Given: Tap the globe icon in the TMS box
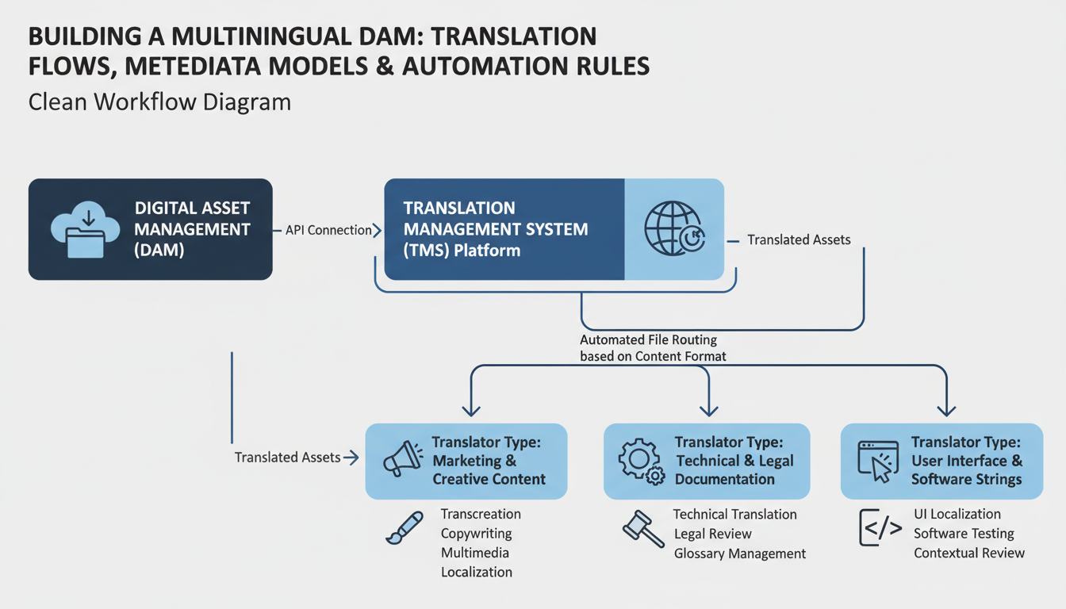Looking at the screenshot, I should click(673, 228).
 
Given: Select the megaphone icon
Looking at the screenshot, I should click(403, 461).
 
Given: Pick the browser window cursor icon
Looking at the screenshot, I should click(878, 461).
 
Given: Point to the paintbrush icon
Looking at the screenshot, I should click(405, 528).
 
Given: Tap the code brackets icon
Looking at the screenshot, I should click(880, 529).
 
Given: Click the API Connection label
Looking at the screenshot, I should click(328, 230).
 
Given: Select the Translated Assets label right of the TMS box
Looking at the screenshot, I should click(799, 239).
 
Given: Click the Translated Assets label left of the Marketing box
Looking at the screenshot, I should click(287, 458).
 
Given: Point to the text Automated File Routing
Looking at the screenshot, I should click(648, 340).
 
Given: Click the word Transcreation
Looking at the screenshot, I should click(481, 514).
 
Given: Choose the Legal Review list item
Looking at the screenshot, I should click(712, 534).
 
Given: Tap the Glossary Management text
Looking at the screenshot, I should click(739, 553).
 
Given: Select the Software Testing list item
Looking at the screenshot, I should click(964, 534).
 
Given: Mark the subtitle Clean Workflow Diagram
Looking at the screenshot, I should click(159, 102).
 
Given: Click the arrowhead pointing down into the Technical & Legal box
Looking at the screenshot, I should click(708, 410).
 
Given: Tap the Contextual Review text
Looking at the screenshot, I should click(969, 553).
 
